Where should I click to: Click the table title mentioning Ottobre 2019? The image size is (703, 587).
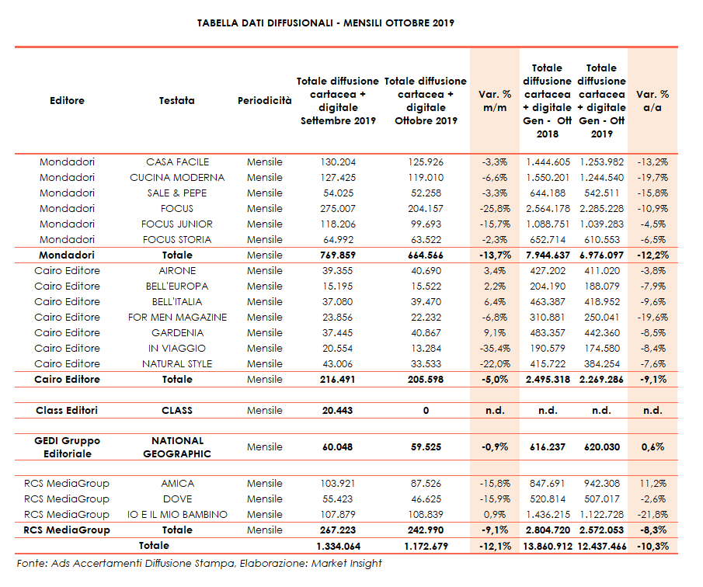coord(326,23)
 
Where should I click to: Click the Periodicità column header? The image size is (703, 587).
coord(265,100)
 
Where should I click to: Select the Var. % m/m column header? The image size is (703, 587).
coord(495,100)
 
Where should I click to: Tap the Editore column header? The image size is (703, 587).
coord(67,100)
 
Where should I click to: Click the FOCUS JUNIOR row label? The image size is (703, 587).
coord(177,224)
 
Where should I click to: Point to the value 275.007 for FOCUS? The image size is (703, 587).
coord(337,209)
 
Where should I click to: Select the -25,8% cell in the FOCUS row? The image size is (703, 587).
coord(494,209)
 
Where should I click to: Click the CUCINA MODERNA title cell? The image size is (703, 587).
coord(177,178)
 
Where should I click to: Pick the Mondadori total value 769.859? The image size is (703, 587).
coord(337,255)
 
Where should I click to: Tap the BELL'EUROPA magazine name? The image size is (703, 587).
coord(177,287)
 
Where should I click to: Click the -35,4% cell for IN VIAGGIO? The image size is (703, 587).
coord(494,349)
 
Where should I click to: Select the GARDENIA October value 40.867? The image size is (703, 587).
coord(425,333)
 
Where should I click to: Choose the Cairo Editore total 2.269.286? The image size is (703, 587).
coord(601,380)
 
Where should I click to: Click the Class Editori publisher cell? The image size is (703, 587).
coord(67,410)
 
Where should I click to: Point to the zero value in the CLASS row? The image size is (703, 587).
coord(425,410)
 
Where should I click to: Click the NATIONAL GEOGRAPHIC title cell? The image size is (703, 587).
coord(177,446)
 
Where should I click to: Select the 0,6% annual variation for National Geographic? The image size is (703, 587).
coord(653,446)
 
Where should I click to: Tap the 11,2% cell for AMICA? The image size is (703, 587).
coord(653,484)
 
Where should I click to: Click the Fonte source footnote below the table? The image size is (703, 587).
coord(199,564)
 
